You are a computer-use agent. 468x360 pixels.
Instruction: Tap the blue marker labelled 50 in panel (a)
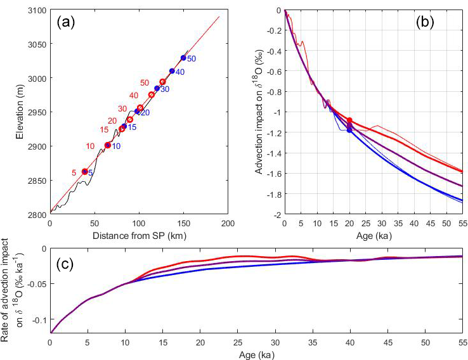(x=183, y=58)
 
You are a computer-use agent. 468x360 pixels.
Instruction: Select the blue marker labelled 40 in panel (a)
(x=172, y=71)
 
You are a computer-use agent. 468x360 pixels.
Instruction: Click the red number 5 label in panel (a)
(x=74, y=172)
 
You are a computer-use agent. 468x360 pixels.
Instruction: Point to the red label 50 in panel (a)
(x=145, y=83)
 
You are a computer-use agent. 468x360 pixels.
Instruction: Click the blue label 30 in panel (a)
(x=165, y=90)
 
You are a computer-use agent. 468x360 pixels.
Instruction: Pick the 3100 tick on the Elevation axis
(x=37, y=10)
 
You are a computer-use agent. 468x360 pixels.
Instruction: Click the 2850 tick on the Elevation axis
(x=37, y=181)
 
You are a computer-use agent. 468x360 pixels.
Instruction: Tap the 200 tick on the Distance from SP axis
(x=228, y=223)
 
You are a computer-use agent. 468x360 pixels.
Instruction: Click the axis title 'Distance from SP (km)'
(x=139, y=233)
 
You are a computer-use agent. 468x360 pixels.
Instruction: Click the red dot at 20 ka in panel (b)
(x=349, y=120)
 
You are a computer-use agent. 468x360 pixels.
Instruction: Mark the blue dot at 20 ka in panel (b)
(x=349, y=130)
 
